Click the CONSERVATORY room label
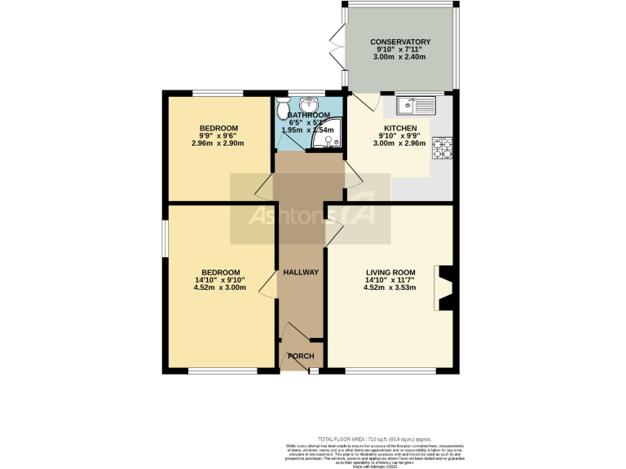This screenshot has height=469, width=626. coord(399,42)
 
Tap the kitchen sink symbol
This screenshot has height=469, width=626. coord(417,105)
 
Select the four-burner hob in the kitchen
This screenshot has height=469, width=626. coord(442,148)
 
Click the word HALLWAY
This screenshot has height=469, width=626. coord(300,272)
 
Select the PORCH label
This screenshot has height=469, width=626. coord(300,356)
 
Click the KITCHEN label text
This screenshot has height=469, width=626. coord(400,129)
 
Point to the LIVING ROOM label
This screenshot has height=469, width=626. coord(390,272)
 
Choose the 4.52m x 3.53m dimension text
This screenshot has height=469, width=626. coord(390,287)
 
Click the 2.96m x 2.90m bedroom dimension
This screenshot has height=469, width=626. coord(218,144)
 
